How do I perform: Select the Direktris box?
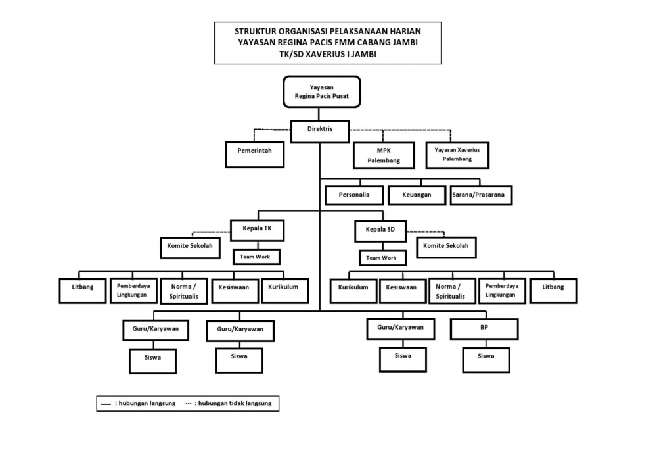click(320, 129)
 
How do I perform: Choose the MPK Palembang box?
click(383, 155)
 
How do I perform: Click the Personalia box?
click(353, 195)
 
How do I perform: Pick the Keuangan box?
click(416, 195)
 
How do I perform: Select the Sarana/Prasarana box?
click(482, 195)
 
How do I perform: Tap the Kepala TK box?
click(258, 230)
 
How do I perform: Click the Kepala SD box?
click(380, 230)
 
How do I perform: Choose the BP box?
click(484, 328)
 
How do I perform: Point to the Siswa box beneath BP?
click(486, 359)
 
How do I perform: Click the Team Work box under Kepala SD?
click(381, 258)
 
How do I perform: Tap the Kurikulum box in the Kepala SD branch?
click(353, 289)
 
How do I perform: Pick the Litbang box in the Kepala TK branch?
click(82, 289)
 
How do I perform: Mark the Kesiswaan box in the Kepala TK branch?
click(235, 289)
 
